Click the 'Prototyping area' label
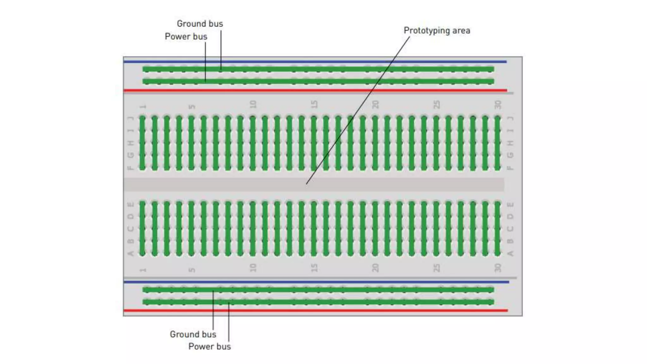[437, 31]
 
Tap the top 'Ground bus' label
[200, 24]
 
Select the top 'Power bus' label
[186, 37]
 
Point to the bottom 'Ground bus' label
[193, 334]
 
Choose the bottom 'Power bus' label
[209, 347]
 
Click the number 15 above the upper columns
[314, 105]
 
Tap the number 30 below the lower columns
[498, 268]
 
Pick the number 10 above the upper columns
[253, 105]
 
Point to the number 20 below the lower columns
[375, 268]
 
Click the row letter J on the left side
[130, 118]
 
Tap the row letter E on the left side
[130, 205]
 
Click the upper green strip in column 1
[142, 143]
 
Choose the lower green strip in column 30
[498, 228]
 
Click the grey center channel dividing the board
[221, 185]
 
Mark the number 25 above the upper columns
[436, 105]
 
